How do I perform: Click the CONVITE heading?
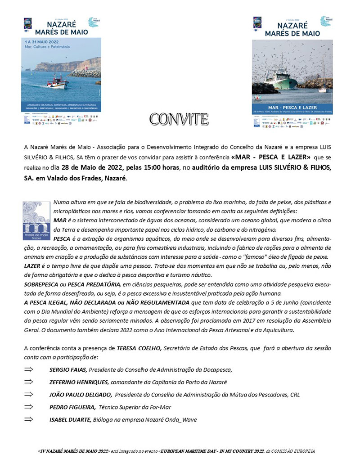point(179,119)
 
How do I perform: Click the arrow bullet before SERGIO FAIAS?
point(29,369)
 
